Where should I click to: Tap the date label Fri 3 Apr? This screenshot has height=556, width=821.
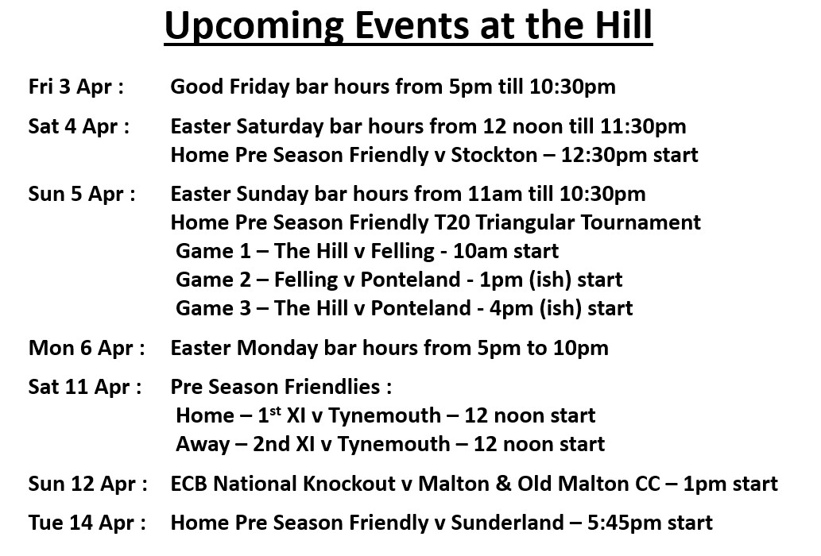click(74, 87)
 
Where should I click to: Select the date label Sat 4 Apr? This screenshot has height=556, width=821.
click(76, 126)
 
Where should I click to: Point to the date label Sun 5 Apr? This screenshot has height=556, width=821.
click(79, 194)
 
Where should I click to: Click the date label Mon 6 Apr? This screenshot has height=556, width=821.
click(84, 348)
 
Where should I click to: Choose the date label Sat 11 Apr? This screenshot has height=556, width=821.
click(83, 387)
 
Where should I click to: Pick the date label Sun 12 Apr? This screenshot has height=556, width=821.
click(85, 483)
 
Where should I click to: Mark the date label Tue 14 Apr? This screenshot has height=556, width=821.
click(85, 523)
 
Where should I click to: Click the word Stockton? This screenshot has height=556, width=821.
click(494, 155)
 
